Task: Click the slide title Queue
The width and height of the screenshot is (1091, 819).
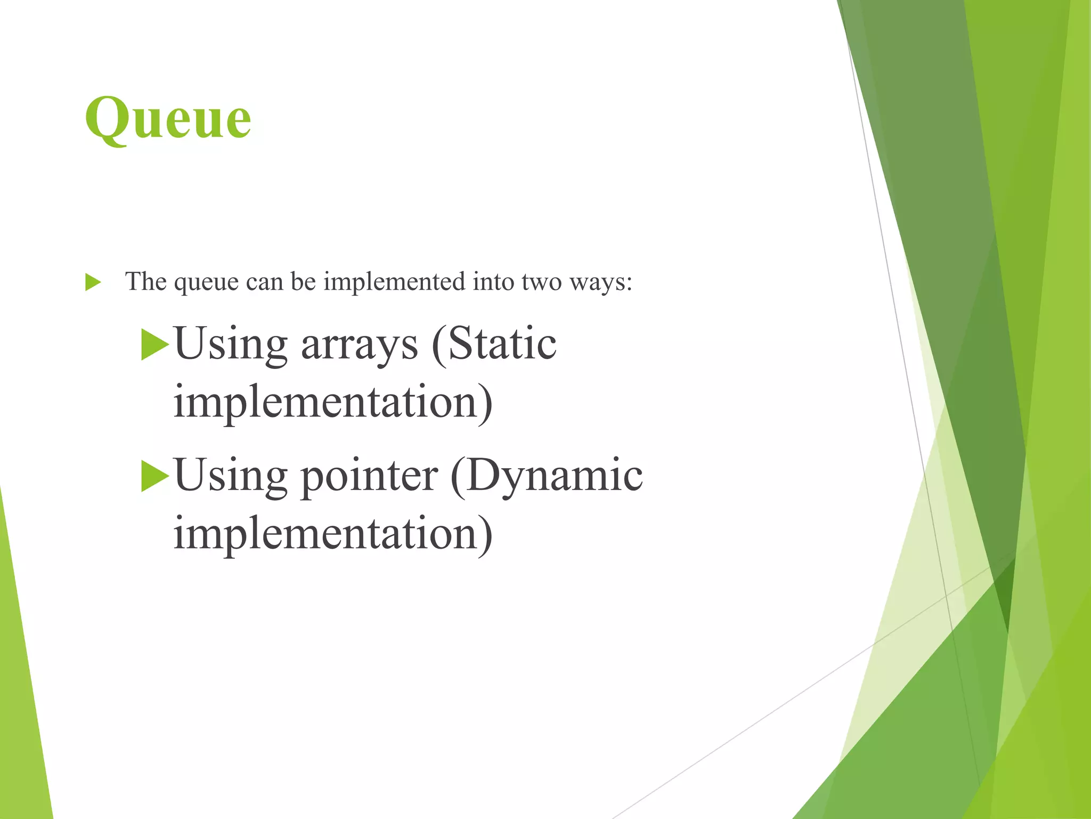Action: [x=168, y=118]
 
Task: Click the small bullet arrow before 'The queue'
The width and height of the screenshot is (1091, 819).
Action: [x=93, y=283]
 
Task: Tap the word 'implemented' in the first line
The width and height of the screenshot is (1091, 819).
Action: [x=394, y=282]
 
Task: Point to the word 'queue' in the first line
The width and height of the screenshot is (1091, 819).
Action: [x=206, y=283]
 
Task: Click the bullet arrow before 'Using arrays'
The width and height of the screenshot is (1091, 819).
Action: [x=154, y=345]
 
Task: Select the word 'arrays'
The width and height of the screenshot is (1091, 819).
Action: [x=360, y=345]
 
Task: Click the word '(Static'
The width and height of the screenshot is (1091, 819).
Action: [x=494, y=344]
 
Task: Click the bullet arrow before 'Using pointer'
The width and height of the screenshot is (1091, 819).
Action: [x=154, y=476]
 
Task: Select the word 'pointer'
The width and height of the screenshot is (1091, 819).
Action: [x=369, y=476]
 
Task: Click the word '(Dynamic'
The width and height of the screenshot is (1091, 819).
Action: [x=547, y=476]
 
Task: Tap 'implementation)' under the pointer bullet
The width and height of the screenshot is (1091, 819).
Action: [x=333, y=533]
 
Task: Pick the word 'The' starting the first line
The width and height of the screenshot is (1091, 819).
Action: [x=145, y=282]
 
